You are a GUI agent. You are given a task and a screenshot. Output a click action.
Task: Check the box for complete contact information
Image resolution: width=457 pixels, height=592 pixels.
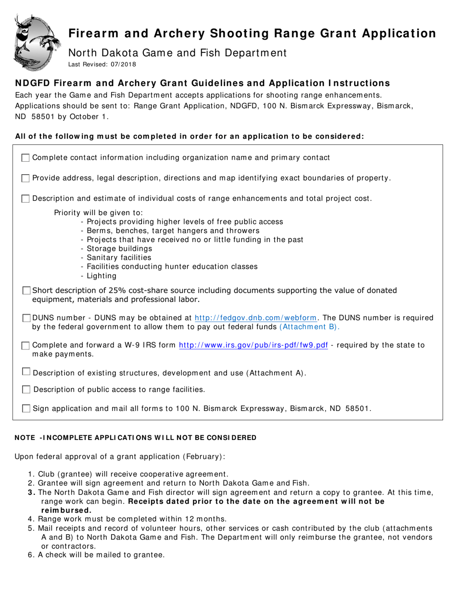coord(26,158)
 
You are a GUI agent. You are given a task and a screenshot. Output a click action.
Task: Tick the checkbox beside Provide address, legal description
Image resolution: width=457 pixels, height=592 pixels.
coord(26,179)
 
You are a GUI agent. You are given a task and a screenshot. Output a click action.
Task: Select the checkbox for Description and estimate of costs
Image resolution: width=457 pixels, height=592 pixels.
coord(26,199)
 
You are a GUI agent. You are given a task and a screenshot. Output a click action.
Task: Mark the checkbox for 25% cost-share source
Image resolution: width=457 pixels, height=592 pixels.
coord(26,291)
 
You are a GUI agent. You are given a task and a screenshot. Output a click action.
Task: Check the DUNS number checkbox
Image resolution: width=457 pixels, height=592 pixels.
coord(26,318)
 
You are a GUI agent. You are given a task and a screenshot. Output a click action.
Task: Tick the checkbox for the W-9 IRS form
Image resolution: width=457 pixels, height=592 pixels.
coord(26,346)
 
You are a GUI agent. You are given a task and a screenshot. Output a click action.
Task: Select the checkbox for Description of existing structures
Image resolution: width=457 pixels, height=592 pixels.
coord(26,372)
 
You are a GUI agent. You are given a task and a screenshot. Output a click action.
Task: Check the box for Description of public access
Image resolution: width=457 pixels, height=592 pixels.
coord(26,389)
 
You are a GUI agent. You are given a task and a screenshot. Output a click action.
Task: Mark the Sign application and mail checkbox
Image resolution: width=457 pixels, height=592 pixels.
coord(26,409)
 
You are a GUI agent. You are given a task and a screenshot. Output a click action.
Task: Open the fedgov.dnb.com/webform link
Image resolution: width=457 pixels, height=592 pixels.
coord(255,318)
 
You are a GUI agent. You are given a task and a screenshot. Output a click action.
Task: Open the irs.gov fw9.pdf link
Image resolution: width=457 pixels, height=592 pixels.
coord(254,345)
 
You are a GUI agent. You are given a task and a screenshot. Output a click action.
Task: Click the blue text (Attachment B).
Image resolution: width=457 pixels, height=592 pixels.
coord(309,327)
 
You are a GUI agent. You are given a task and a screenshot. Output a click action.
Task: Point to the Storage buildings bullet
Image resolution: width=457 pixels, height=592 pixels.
coord(116,249)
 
